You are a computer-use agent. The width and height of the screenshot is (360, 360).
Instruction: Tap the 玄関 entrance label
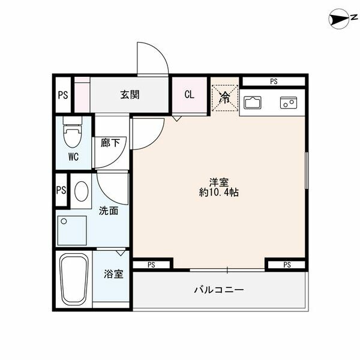click(x=130, y=95)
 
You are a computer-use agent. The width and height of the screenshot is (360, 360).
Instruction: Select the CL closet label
click(x=190, y=94)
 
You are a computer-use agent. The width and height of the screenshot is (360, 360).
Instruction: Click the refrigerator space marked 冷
click(x=225, y=98)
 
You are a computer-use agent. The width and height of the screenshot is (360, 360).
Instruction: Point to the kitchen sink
click(x=253, y=103)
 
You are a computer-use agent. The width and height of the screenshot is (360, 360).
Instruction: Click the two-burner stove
click(x=289, y=103)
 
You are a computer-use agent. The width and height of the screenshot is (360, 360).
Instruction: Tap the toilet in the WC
click(x=73, y=132)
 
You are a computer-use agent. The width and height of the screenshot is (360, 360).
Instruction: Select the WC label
click(x=73, y=157)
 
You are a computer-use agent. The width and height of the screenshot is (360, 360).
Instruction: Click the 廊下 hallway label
click(x=110, y=143)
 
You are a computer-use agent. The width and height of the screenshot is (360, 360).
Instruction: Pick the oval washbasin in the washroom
click(x=82, y=191)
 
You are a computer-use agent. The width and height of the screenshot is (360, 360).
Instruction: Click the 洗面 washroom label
click(x=109, y=211)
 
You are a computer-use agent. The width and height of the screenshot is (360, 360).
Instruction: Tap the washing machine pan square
click(x=72, y=230)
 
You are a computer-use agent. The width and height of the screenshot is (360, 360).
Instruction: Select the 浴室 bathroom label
click(x=113, y=274)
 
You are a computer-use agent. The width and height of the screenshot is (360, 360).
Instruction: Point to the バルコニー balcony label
click(x=219, y=290)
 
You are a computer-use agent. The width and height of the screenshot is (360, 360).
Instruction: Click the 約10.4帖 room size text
click(x=218, y=192)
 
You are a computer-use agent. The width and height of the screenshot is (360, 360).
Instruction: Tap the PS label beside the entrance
click(x=63, y=95)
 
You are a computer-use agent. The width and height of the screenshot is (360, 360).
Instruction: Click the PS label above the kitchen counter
click(x=274, y=81)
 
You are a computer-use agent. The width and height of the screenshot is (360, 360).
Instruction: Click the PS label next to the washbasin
click(x=61, y=190)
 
